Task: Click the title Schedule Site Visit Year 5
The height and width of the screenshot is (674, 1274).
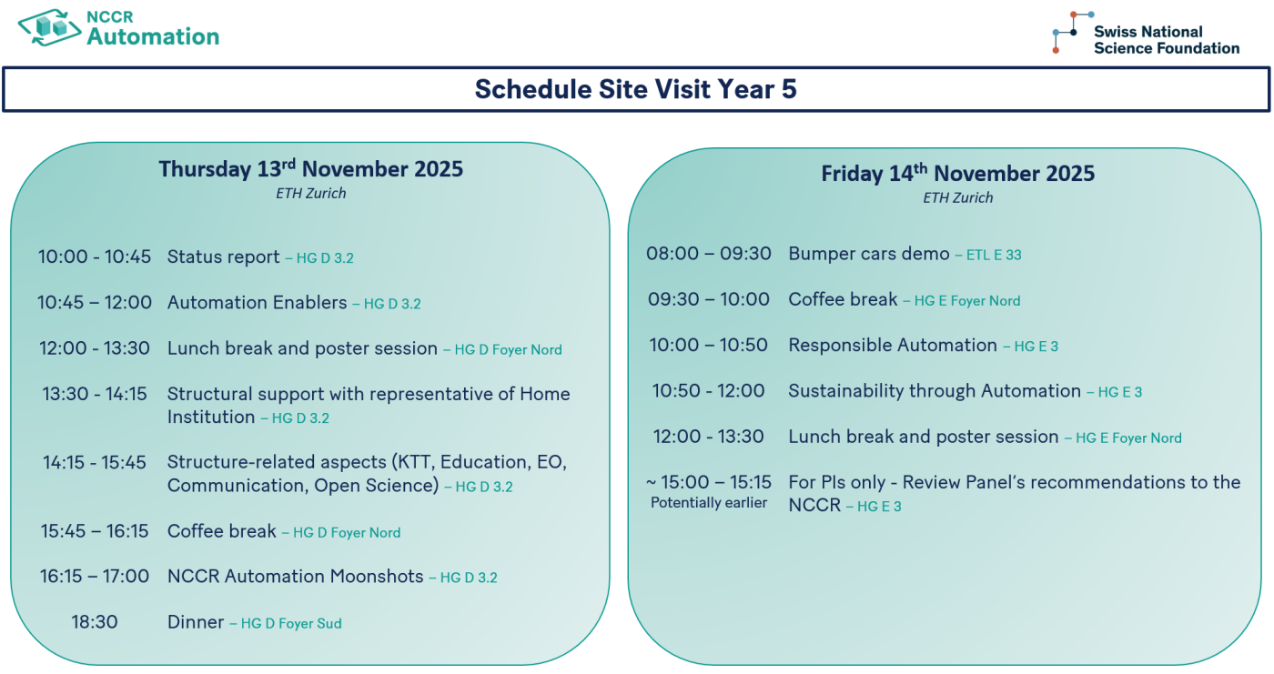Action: (635, 89)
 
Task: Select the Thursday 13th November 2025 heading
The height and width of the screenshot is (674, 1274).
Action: (310, 169)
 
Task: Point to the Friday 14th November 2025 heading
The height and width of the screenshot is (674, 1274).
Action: (957, 174)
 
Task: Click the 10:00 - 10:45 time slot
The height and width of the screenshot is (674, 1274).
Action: (95, 257)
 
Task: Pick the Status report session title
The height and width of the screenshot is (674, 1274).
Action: (224, 257)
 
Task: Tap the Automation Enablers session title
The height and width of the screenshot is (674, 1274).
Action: (257, 303)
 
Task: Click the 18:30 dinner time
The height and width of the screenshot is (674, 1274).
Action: (95, 622)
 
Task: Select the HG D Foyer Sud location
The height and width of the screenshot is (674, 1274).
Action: (291, 624)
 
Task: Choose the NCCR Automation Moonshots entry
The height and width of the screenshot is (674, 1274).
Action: (295, 577)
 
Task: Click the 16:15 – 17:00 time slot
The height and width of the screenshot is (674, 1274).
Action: (95, 577)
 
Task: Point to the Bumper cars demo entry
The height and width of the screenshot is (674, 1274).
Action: (868, 254)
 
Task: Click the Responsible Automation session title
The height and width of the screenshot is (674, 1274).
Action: (893, 345)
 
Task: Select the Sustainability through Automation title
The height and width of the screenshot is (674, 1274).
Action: (935, 391)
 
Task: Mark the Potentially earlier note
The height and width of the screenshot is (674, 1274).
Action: (709, 503)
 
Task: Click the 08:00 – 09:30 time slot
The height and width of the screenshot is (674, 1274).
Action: (709, 254)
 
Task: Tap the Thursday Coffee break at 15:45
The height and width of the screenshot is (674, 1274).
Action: (222, 531)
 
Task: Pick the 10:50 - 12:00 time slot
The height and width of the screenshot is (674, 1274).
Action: (709, 391)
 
